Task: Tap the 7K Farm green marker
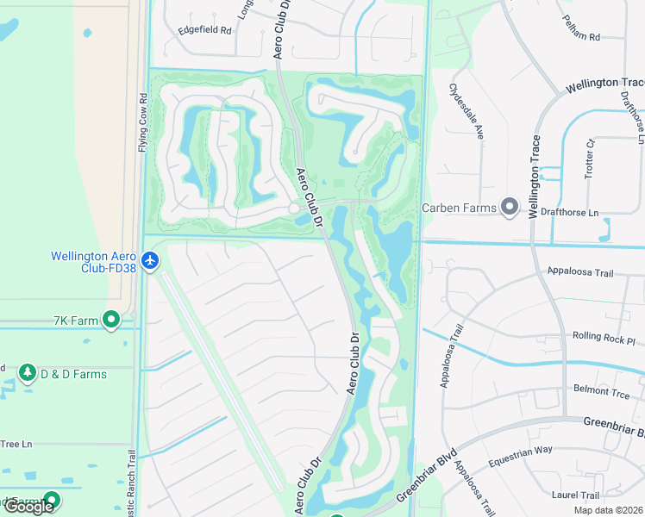[110, 321]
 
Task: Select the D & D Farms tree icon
[27, 373]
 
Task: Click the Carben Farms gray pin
[510, 207]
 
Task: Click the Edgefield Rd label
[205, 29]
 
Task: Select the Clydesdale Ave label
[466, 112]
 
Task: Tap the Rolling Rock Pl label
[604, 336]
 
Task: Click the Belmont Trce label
[602, 390]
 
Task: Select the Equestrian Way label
[519, 456]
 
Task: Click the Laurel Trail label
[575, 495]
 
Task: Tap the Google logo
[28, 506]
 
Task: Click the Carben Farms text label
[459, 208]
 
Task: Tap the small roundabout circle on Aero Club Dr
[294, 209]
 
